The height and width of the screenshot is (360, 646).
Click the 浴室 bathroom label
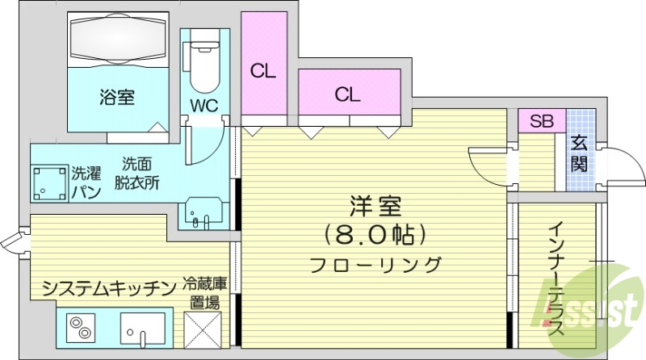(117, 98)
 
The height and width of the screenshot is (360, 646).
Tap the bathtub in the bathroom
(117, 39)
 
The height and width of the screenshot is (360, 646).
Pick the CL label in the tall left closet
(263, 71)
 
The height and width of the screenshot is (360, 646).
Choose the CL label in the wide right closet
(347, 94)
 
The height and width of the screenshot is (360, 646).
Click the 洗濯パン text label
(86, 182)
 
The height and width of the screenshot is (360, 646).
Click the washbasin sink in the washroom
(205, 214)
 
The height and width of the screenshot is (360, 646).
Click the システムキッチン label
(108, 288)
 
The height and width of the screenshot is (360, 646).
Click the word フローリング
(375, 264)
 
